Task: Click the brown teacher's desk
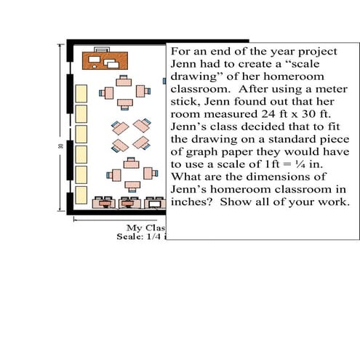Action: (x=105, y=60)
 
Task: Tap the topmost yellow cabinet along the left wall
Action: (x=81, y=93)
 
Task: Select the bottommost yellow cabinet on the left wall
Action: (x=81, y=195)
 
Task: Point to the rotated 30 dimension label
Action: (x=60, y=146)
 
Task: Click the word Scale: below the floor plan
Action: (x=130, y=236)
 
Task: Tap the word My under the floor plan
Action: (x=133, y=228)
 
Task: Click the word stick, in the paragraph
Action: (x=185, y=102)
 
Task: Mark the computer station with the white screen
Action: (x=155, y=203)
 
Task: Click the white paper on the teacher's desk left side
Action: (x=94, y=60)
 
